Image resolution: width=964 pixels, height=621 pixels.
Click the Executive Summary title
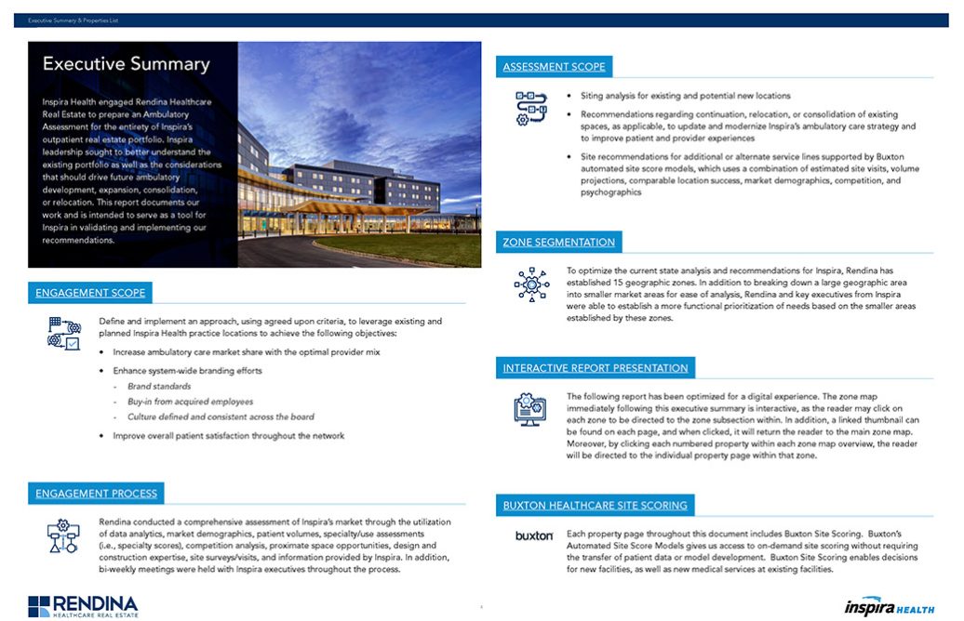pyautogui.click(x=127, y=65)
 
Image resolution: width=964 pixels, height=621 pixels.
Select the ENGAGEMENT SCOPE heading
pyautogui.click(x=90, y=293)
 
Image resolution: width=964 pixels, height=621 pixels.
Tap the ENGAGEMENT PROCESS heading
pyautogui.click(x=97, y=494)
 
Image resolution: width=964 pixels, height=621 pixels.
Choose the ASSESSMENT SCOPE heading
pyautogui.click(x=554, y=67)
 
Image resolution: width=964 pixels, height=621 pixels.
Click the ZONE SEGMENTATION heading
pyautogui.click(x=558, y=243)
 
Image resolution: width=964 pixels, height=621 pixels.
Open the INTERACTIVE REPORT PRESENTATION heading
pyautogui.click(x=596, y=368)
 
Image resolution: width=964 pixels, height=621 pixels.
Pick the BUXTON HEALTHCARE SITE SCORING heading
pyautogui.click(x=595, y=506)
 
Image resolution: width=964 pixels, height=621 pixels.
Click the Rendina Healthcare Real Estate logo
pyautogui.click(x=83, y=606)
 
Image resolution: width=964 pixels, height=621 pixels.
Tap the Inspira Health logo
pyautogui.click(x=890, y=607)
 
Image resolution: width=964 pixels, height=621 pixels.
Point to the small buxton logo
pyautogui.click(x=534, y=536)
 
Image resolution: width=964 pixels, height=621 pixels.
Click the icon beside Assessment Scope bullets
pyautogui.click(x=531, y=108)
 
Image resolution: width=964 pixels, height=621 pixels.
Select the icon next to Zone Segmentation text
pyautogui.click(x=531, y=284)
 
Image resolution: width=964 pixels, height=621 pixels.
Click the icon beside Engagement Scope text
pyautogui.click(x=64, y=332)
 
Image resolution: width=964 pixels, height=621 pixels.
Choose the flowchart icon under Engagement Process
pyautogui.click(x=64, y=535)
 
